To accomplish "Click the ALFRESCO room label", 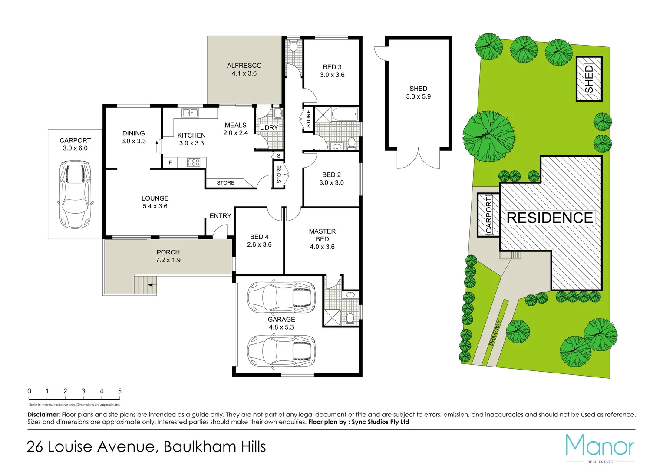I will (x=244, y=66).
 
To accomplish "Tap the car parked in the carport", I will (x=76, y=194).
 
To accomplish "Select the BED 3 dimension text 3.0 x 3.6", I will (x=332, y=75).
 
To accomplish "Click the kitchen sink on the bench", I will (x=190, y=113).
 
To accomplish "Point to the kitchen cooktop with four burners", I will (x=194, y=163).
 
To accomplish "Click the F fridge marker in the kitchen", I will (x=170, y=163).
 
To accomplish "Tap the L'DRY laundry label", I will (x=269, y=128).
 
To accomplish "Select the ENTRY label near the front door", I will (x=220, y=216).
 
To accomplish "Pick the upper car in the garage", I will (x=281, y=297).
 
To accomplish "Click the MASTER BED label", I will (x=322, y=235).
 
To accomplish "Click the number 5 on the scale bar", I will (x=120, y=391).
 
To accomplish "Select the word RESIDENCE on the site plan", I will (x=550, y=218).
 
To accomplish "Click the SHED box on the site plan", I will (x=589, y=79).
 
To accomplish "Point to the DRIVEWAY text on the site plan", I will (x=495, y=333).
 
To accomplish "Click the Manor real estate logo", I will (x=600, y=447).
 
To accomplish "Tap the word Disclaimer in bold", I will (x=43, y=415).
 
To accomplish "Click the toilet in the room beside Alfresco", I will (x=294, y=46).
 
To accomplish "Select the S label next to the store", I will (x=278, y=155).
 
